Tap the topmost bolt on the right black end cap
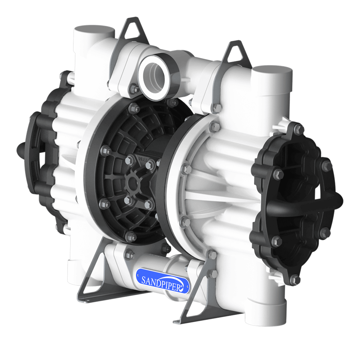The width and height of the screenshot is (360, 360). [298, 129]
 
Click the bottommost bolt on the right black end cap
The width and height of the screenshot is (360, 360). [295, 279]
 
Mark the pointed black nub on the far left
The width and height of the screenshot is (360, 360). [20, 148]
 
